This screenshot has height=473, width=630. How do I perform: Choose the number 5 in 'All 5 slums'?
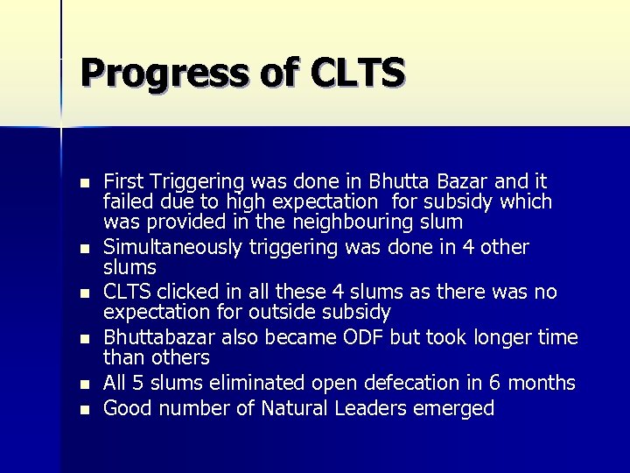click(x=140, y=383)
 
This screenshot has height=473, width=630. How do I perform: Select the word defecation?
click(x=414, y=383)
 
